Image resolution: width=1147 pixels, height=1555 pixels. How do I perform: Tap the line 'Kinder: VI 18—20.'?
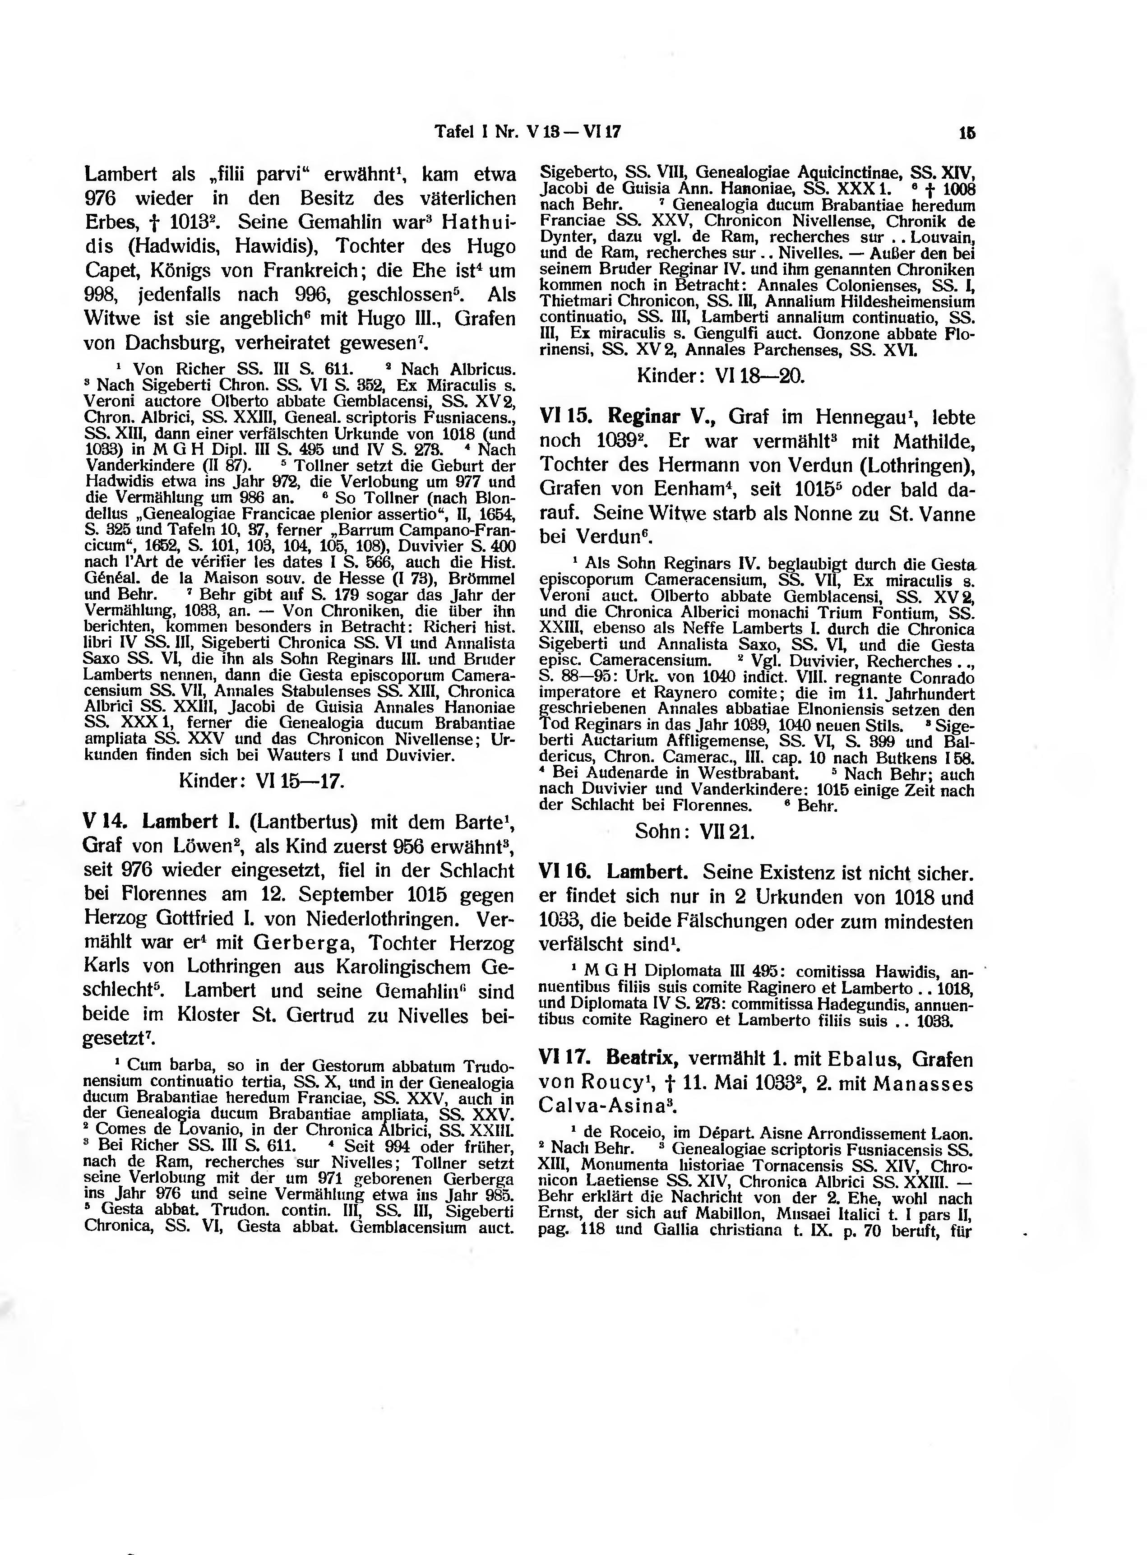(721, 376)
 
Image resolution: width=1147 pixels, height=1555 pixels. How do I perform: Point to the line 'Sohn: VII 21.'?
(694, 832)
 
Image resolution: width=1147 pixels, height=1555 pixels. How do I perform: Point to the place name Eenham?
(692, 490)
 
